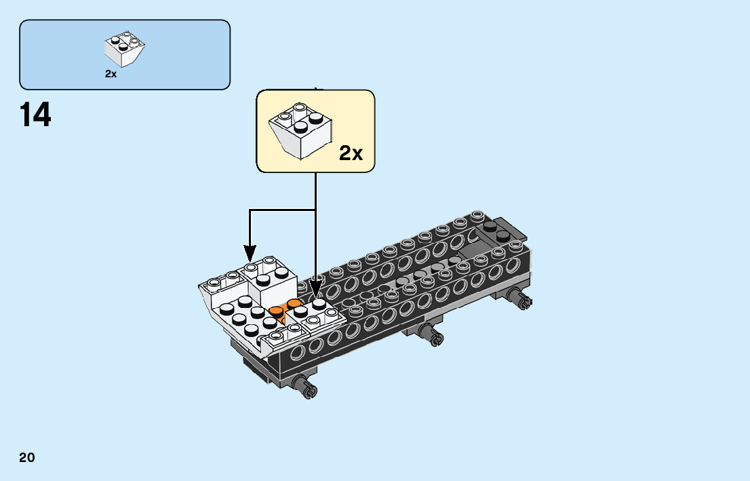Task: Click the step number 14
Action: [36, 115]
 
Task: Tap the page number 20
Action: [27, 457]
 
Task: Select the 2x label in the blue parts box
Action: [111, 74]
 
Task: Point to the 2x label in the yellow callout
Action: [351, 153]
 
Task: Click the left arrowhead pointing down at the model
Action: [250, 254]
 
